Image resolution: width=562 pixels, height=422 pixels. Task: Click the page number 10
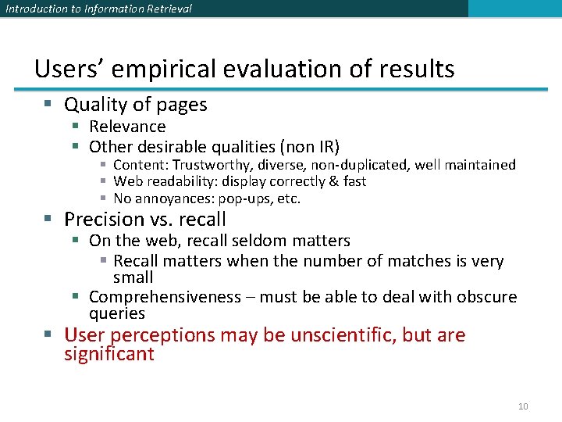coord(523,406)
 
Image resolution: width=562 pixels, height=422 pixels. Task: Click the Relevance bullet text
coord(127,127)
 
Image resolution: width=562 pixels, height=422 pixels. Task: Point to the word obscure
coord(485,297)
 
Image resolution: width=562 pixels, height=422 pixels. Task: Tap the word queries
coord(117,313)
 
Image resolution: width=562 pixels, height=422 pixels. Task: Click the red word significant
coord(109,354)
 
